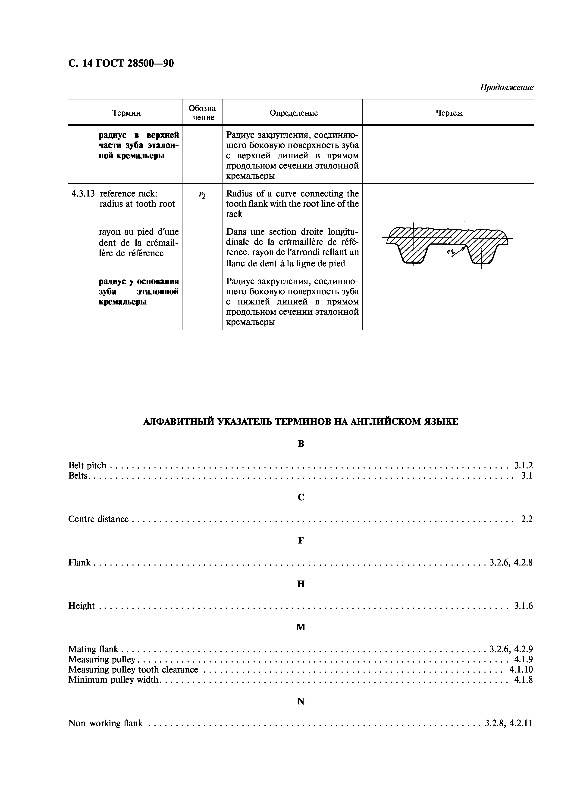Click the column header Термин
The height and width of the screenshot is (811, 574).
point(126,113)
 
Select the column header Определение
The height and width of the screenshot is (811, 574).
point(294,113)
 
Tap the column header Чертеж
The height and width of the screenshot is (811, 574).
point(449,113)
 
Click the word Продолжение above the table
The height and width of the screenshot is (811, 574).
point(506,87)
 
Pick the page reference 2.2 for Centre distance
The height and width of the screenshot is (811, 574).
point(527,519)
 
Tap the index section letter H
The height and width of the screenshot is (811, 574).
point(301,584)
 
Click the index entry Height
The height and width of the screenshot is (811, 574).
point(81,606)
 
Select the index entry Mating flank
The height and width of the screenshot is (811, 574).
point(93,649)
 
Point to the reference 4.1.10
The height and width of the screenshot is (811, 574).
point(521,669)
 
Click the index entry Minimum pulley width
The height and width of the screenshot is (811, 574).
point(113,680)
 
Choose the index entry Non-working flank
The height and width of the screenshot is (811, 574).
point(105,723)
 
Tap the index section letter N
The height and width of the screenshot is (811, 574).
point(301,701)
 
